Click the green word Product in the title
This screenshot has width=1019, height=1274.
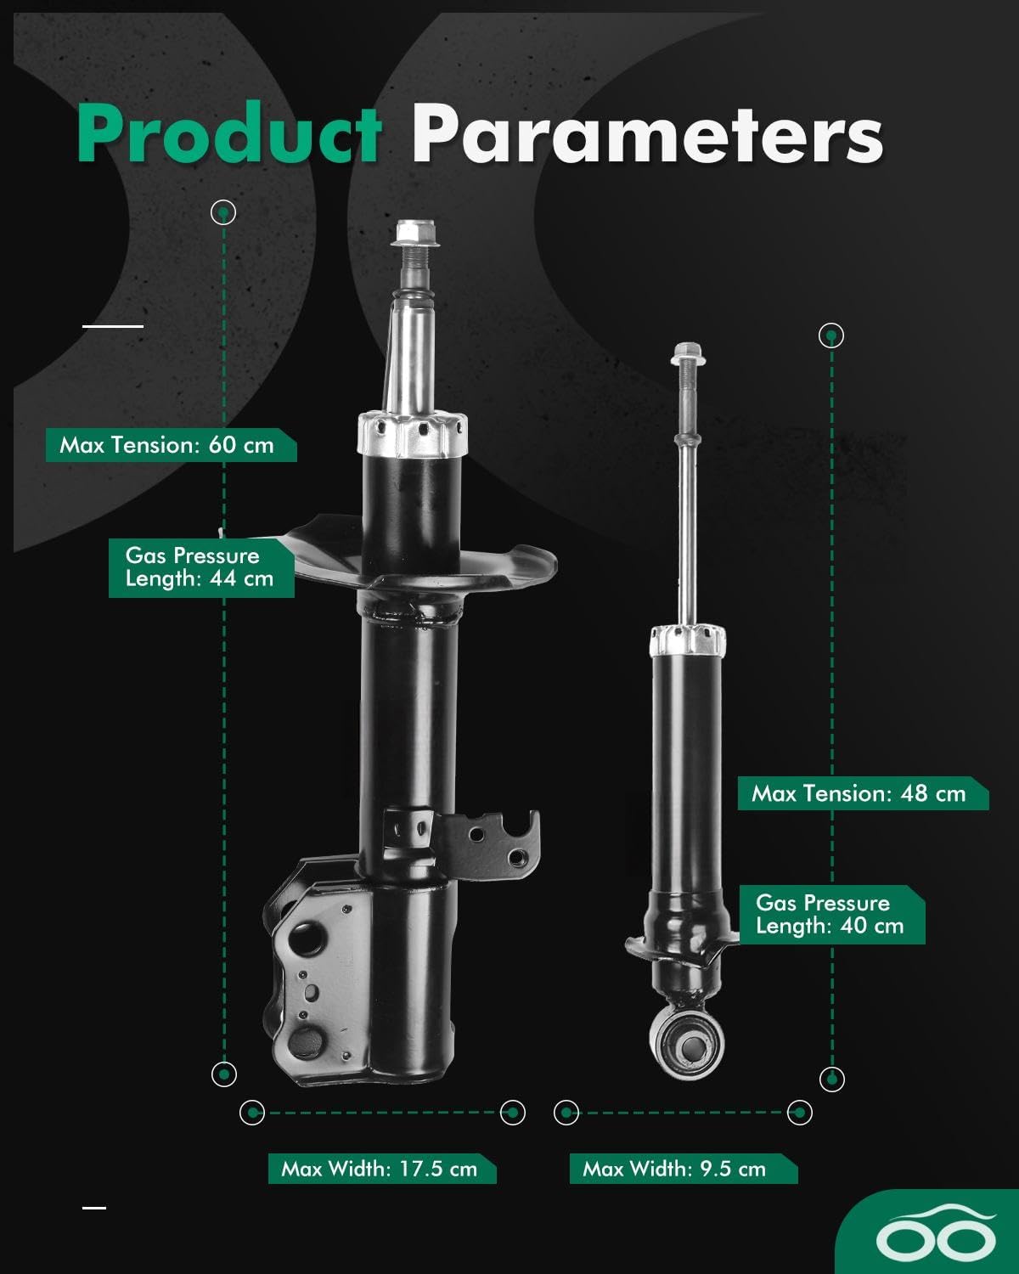pos(229,134)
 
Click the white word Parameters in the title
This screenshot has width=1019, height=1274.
pos(647,134)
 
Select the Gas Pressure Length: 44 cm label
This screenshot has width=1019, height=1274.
pos(200,567)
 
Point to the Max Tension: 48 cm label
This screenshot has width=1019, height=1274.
pos(859,794)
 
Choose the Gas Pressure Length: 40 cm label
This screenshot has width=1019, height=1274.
pos(830,915)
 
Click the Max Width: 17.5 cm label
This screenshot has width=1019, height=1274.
pos(380,1169)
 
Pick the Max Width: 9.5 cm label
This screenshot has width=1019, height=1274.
pos(675,1169)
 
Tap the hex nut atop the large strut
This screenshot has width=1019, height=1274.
pos(416,231)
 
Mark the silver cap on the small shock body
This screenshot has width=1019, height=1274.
pos(688,640)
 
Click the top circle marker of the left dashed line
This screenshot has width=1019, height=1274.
pos(223,211)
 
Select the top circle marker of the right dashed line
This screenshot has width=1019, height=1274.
pos(831,335)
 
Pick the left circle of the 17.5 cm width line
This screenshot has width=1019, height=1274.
pos(252,1112)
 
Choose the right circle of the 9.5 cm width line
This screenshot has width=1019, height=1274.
pos(799,1112)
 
